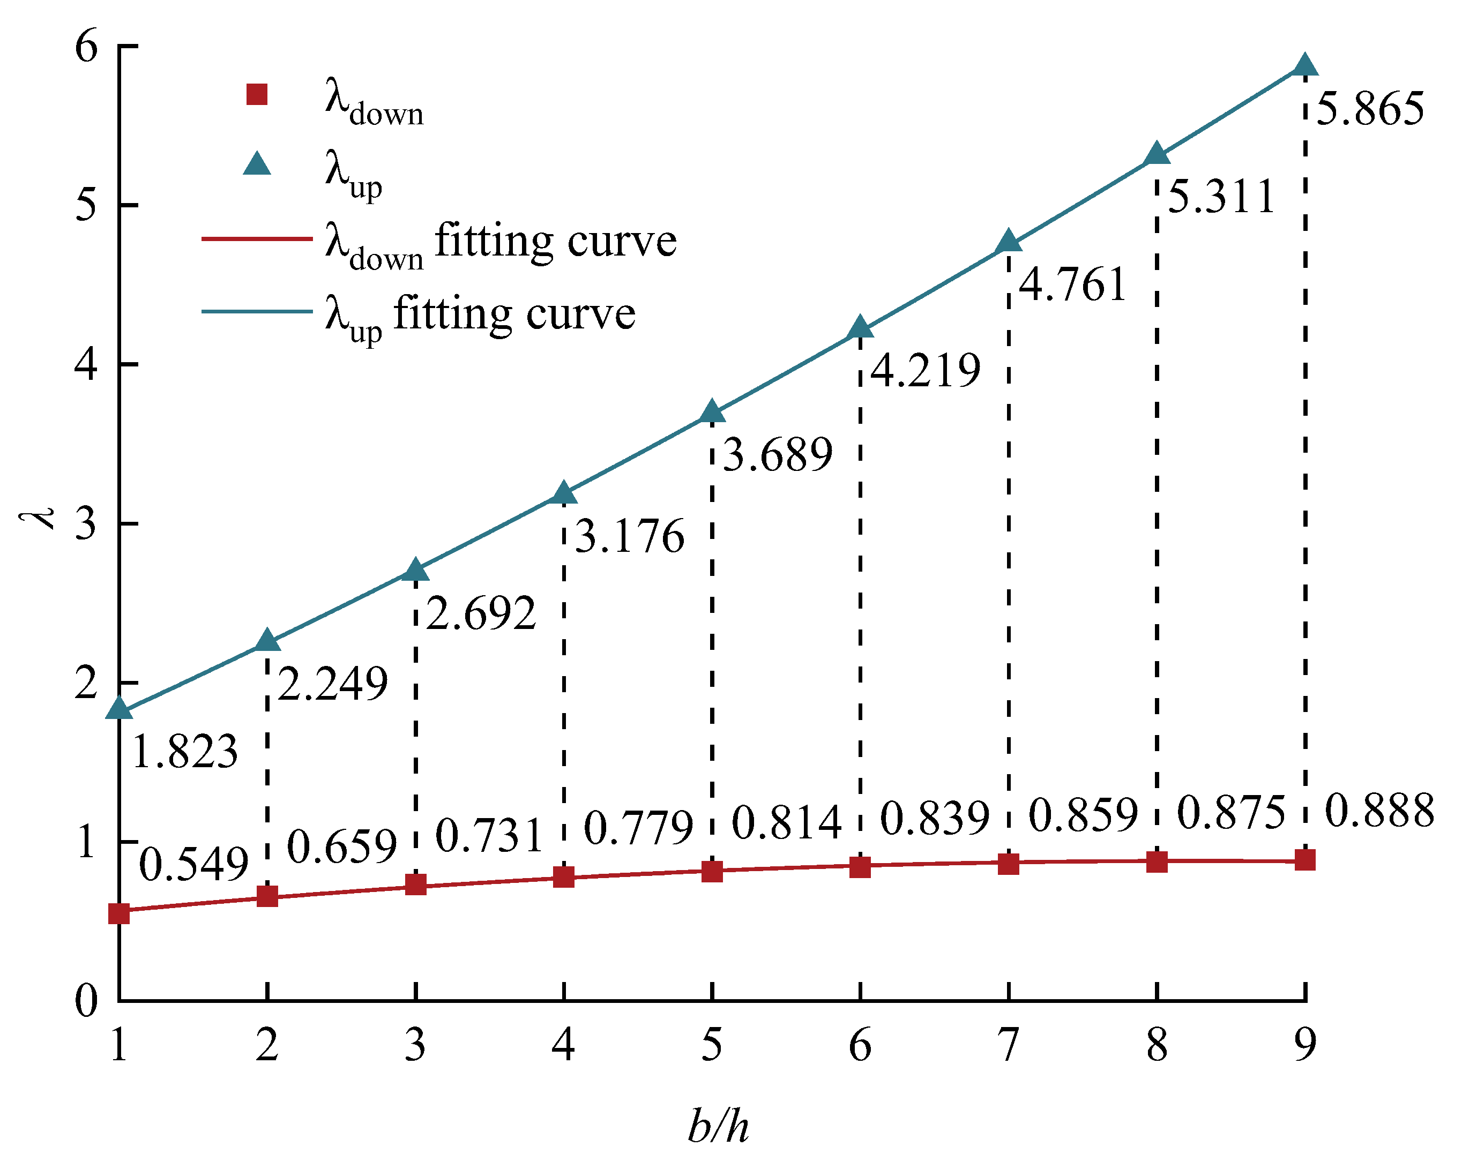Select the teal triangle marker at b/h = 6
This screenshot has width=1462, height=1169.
click(x=860, y=327)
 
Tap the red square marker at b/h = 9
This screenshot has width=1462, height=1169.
click(x=1304, y=860)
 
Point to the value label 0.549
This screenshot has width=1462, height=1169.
click(x=194, y=865)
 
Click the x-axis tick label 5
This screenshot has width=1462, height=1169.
click(x=711, y=1045)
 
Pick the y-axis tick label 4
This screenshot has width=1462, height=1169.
click(x=87, y=365)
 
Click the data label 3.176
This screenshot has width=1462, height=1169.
click(x=629, y=536)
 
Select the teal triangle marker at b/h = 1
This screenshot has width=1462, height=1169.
click(x=120, y=708)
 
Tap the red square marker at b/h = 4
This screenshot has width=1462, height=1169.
click(x=563, y=876)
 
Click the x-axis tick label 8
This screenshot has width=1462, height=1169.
click(x=1157, y=1045)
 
